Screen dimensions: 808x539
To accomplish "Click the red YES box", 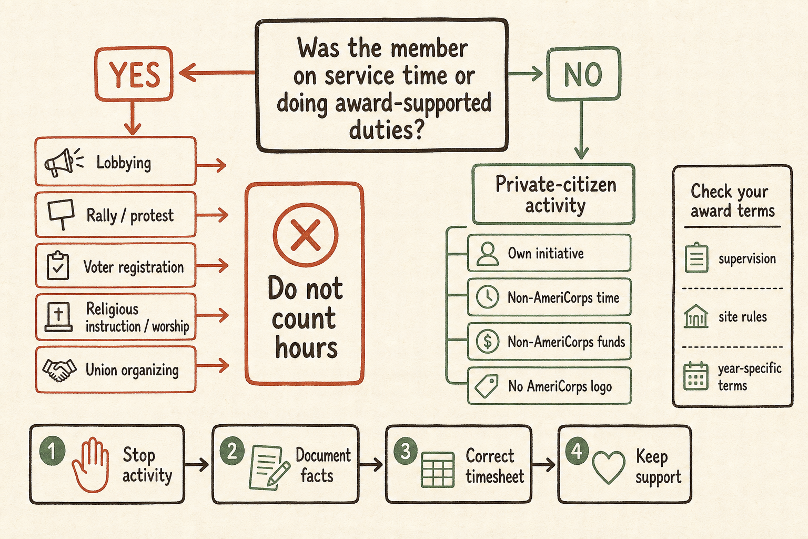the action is (134, 74).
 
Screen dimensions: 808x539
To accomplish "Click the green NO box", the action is (583, 74).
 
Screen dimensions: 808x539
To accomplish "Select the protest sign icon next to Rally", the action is (62, 214).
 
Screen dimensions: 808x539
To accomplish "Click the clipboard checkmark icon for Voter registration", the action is (58, 265).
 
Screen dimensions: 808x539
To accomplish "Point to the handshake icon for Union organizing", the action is (59, 370).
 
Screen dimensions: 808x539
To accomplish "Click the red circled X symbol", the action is (306, 235).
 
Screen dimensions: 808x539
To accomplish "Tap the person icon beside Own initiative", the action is (488, 254).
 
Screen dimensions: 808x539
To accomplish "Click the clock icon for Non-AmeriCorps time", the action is (488, 297).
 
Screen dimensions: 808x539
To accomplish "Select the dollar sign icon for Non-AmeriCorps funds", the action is (488, 341).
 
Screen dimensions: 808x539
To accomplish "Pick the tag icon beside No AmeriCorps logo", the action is (487, 386).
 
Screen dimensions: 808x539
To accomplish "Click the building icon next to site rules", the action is (696, 316).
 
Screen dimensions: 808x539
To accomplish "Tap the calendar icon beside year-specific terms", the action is (696, 376).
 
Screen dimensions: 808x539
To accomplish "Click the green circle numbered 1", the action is (52, 451).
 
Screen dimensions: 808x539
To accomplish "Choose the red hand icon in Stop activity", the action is (90, 465).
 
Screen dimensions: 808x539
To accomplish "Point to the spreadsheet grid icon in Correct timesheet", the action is (438, 470).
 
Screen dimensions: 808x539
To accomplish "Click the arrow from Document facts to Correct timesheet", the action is (371, 465).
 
